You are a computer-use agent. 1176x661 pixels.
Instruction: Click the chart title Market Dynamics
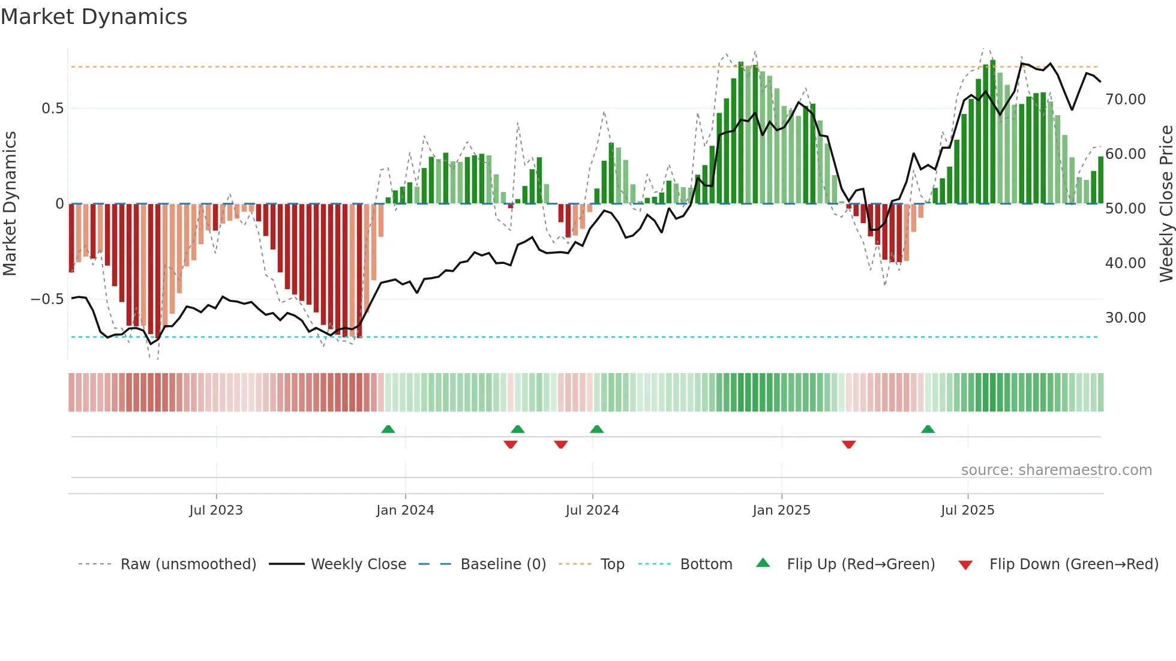click(x=94, y=17)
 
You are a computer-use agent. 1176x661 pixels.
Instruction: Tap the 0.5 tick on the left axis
click(x=52, y=109)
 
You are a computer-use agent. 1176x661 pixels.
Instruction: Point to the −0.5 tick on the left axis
click(x=47, y=299)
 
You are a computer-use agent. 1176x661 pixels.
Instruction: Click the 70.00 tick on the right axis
click(x=1125, y=100)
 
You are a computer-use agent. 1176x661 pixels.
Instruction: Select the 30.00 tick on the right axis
click(x=1125, y=318)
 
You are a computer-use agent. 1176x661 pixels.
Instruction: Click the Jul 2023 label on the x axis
click(x=216, y=510)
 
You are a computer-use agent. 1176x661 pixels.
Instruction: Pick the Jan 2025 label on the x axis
click(x=781, y=510)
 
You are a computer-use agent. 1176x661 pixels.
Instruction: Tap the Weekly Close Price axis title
click(x=1166, y=204)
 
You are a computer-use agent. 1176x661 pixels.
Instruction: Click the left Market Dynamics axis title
click(x=10, y=204)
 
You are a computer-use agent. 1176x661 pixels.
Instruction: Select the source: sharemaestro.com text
click(x=1056, y=470)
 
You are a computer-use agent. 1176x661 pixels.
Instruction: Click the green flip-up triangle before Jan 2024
click(x=388, y=429)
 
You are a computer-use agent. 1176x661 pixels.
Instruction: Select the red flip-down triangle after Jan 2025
click(x=848, y=444)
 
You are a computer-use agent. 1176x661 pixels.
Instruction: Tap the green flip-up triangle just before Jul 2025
click(x=928, y=429)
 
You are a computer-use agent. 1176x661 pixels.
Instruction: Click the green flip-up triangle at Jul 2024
click(x=596, y=429)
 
